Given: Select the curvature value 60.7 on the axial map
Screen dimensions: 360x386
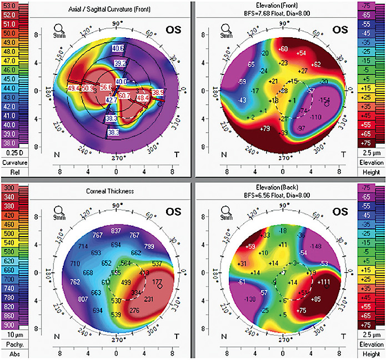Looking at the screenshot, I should click(x=124, y=96).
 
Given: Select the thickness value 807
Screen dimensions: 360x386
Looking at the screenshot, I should click(x=83, y=299).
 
